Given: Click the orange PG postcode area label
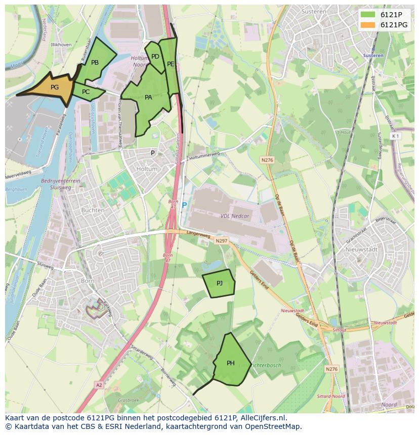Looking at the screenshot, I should point(55,87).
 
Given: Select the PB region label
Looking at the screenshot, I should point(95,63).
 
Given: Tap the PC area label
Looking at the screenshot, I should point(86,92).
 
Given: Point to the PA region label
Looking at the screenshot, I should point(148,98).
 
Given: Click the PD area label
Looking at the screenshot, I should point(155,57).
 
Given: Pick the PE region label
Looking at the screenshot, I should point(171,64).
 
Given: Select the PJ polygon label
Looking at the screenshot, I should point(220,283).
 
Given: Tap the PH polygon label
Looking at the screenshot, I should point(231,363).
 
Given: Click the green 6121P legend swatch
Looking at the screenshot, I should point(368,15).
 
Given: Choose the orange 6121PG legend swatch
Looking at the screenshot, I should point(368,25).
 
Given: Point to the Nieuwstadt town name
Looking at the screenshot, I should point(359,250).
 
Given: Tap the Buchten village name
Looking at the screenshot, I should point(93,210).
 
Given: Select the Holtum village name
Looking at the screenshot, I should point(147,169).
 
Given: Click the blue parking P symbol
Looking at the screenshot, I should point(184,206).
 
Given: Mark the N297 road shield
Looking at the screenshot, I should point(221,241).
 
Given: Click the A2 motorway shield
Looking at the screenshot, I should point(99,384).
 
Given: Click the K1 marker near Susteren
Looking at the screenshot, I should point(395,136).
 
